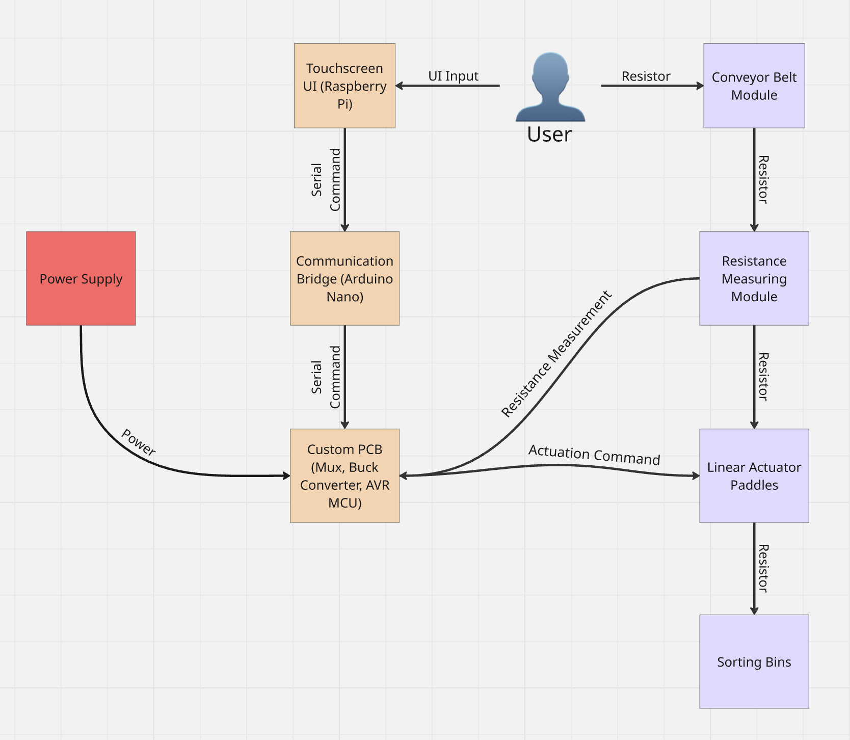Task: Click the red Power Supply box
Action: point(81,278)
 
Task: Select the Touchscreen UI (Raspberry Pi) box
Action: point(344,86)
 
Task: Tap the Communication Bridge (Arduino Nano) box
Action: point(344,278)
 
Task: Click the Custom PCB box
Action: point(344,475)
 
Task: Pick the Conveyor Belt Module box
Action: point(754,86)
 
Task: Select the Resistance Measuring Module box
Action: point(754,278)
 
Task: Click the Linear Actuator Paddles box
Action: point(754,475)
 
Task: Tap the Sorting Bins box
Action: point(754,661)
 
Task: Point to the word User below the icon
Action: point(549,135)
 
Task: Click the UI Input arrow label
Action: point(453,76)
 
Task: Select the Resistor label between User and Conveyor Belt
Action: point(646,76)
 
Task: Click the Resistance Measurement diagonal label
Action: point(556,354)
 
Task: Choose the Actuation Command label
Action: point(594,455)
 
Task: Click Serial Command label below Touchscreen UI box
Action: point(326,179)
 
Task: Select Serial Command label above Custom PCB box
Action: point(326,377)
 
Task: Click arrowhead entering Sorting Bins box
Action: point(754,611)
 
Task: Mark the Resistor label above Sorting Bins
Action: point(763,568)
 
